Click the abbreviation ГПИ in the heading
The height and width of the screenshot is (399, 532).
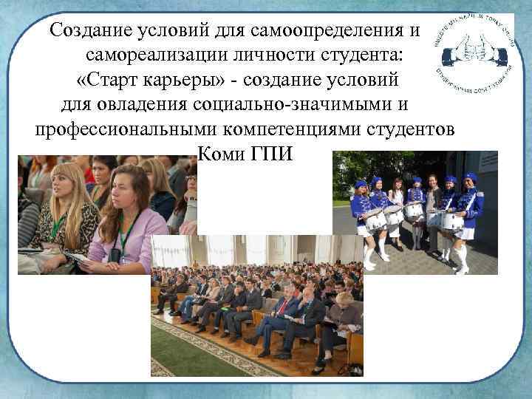click(x=277, y=156)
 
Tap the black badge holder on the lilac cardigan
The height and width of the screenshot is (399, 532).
click(x=115, y=254)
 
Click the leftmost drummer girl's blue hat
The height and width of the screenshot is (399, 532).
click(x=361, y=184)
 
